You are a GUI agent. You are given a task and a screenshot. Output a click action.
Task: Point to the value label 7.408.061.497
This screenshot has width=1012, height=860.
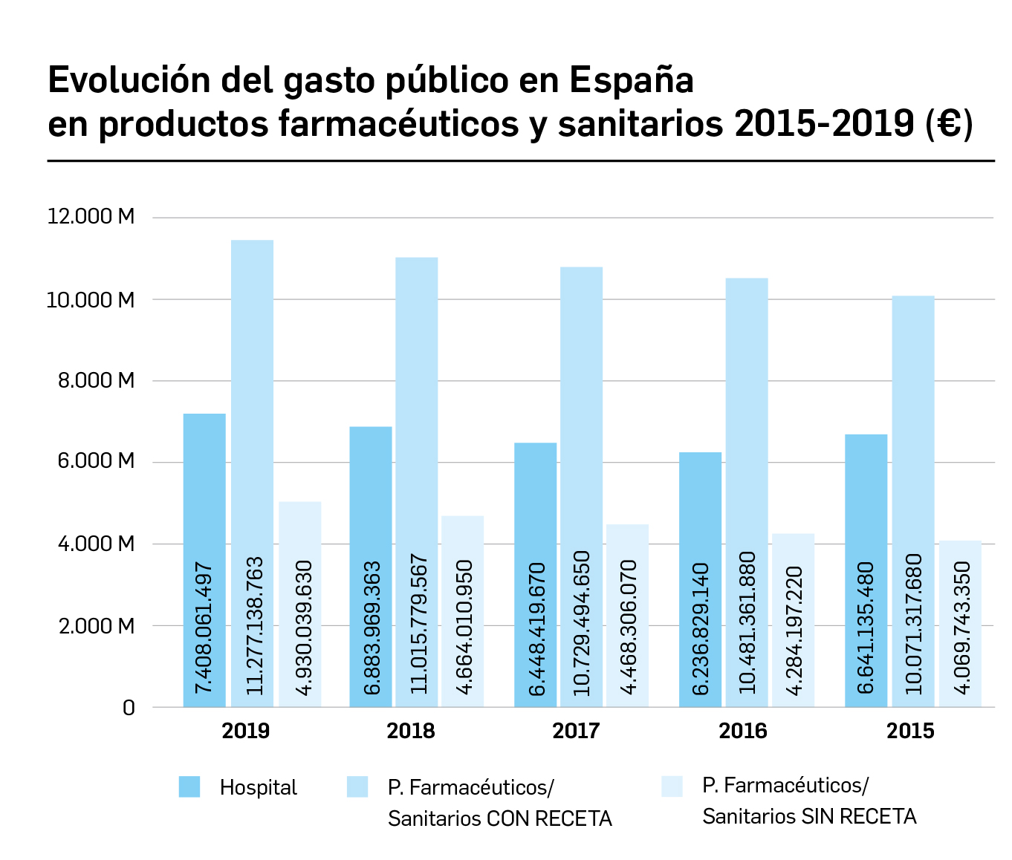point(204,628)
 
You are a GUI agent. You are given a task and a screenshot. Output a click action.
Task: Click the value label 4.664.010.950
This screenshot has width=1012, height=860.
point(463,627)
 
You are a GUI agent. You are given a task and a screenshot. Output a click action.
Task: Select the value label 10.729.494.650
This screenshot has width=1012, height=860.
point(581,623)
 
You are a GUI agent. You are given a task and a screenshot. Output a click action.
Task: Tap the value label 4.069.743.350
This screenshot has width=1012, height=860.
point(961,628)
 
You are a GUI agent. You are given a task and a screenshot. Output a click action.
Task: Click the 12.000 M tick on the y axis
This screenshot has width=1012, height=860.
point(91,217)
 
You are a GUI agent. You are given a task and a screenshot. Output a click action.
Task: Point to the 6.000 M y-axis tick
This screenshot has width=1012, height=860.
point(91,461)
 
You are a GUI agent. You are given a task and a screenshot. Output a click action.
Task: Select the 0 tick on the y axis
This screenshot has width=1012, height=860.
point(129,708)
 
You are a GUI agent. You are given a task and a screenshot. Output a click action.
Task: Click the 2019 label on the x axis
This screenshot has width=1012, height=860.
point(246,732)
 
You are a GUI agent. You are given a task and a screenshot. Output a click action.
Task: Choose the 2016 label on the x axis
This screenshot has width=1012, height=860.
point(742,732)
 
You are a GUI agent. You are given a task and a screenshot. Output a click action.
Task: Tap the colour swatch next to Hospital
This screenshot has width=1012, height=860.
point(189,786)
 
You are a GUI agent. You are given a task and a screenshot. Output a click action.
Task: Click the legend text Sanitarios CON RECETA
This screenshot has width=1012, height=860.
point(499,818)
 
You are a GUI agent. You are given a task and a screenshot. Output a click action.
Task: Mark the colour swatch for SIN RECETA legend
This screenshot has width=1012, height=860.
point(672,786)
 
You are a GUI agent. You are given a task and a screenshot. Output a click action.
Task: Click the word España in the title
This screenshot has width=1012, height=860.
point(632,80)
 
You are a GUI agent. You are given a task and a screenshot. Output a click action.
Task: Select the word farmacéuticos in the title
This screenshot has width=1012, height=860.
point(398,124)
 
